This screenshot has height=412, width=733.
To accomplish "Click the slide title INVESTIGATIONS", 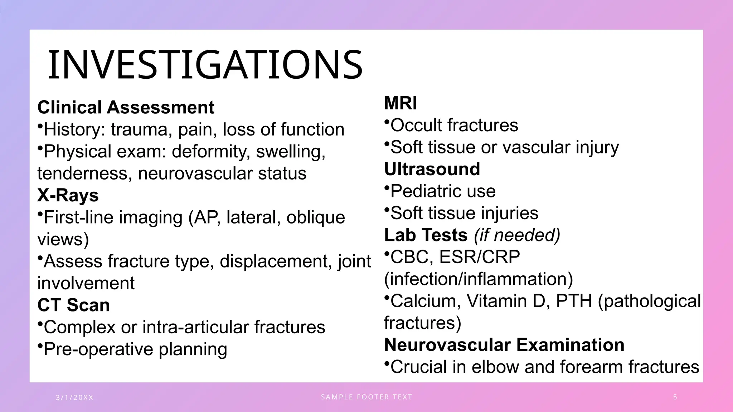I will click(205, 65).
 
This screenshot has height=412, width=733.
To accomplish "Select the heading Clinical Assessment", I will click(126, 107).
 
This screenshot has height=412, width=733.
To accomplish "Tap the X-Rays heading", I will click(68, 195).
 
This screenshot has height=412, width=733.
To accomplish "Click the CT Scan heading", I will click(73, 305).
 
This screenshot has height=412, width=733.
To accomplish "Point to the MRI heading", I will click(400, 103).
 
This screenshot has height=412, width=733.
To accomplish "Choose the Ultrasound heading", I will click(432, 169).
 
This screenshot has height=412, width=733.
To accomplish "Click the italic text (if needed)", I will click(517, 235).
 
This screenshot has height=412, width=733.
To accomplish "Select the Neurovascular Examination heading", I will click(504, 345).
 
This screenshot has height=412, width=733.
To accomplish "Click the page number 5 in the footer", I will click(675, 397).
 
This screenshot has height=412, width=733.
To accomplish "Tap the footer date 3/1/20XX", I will click(74, 397).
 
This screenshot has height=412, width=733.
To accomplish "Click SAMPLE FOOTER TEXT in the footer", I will click(366, 397).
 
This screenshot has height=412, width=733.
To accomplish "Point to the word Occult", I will click(416, 125).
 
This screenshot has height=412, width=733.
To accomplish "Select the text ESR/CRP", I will click(479, 257).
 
